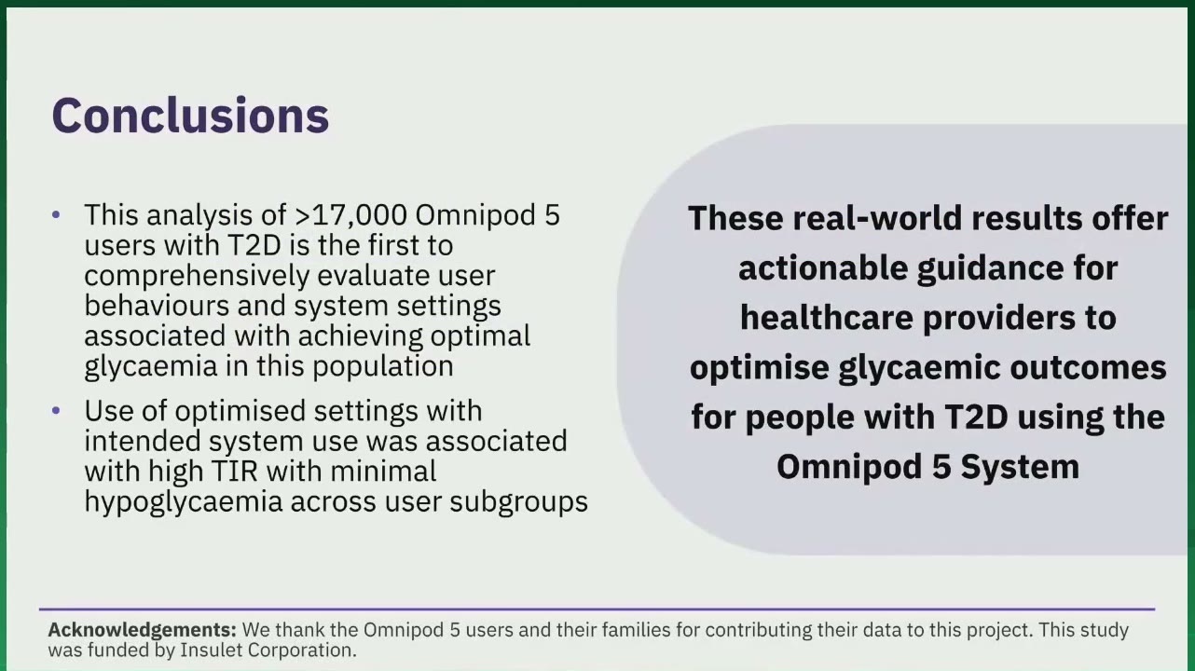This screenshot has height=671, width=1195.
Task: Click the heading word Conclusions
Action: pos(190,116)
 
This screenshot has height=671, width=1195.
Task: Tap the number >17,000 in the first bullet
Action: pos(351,215)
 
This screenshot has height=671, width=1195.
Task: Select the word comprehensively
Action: pos(197,277)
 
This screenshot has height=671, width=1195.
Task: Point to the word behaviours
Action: pos(157,307)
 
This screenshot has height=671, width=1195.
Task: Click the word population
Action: pos(383,367)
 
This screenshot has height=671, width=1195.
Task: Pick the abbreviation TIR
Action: pos(235,472)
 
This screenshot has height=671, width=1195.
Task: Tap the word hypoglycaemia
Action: pos(183,503)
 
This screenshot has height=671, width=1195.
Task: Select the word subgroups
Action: pos(518,503)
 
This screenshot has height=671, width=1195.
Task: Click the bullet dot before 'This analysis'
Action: pos(56,215)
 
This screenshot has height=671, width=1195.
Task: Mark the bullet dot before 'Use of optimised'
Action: pos(56,411)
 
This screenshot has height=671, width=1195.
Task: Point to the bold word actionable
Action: pos(823,268)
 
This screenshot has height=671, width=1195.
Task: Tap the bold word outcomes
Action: pos(1089,368)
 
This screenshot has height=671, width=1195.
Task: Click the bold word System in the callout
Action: pos(1020,468)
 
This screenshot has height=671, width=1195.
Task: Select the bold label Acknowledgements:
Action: pos(142,630)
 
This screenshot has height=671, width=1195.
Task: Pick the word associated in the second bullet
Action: pos(496,442)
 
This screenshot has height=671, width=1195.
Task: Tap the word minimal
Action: pos(383,472)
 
